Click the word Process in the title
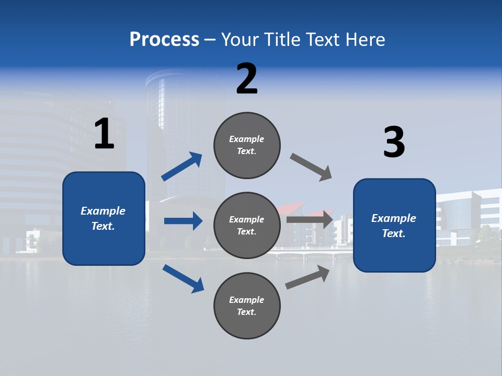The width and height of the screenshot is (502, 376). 164,39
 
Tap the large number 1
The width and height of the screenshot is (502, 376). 104,134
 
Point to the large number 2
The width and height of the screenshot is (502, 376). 247,79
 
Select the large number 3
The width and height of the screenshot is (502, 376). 394,142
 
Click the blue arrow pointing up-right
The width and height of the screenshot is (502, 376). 182,167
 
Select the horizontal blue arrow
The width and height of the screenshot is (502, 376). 183,221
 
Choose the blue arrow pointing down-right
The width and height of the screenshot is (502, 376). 183,278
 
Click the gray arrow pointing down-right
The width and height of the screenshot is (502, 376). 311,167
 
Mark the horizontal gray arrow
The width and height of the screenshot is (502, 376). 310,219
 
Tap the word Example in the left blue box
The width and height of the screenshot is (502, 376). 103,211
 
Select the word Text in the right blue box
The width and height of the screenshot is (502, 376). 393,233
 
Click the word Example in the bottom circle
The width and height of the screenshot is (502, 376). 246,300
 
